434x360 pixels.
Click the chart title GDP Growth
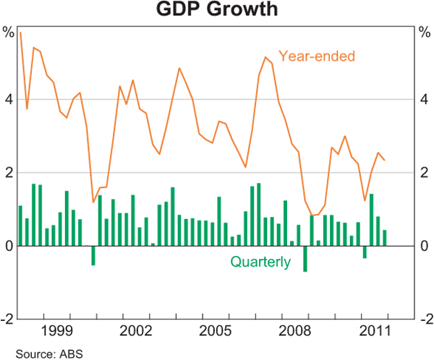click(x=216, y=10)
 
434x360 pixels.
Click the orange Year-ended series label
click(x=317, y=56)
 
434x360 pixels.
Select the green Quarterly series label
click(x=260, y=262)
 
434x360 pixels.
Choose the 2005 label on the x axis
click(x=216, y=331)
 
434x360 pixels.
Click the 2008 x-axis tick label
click(x=295, y=331)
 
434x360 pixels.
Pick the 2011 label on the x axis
click(x=375, y=331)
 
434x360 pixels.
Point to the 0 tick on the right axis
click(x=424, y=247)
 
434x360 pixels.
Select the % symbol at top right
click(x=424, y=32)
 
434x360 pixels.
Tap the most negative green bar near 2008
click(x=305, y=259)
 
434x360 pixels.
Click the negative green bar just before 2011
click(x=365, y=252)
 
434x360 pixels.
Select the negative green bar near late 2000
click(x=93, y=255)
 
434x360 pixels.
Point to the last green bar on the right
click(x=384, y=238)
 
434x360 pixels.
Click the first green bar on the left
click(x=20, y=226)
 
